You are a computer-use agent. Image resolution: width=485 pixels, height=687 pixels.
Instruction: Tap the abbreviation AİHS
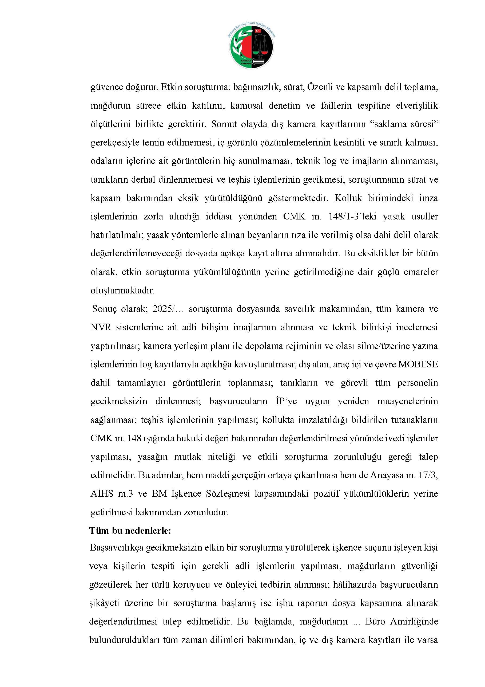pyautogui.click(x=102, y=494)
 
